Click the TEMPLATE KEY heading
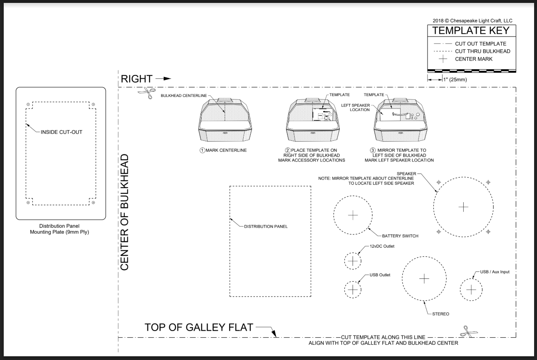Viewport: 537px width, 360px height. (x=471, y=31)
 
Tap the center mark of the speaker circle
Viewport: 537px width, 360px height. (x=463, y=207)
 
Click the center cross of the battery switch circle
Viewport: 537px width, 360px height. (x=353, y=215)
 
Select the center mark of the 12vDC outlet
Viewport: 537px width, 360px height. (x=353, y=261)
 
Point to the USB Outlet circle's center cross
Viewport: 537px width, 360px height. (x=353, y=290)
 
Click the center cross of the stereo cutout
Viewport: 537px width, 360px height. (x=424, y=279)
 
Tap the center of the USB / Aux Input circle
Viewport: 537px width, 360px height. (x=471, y=290)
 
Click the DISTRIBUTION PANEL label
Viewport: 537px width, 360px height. (x=266, y=227)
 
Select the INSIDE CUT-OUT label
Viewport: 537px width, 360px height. (x=61, y=132)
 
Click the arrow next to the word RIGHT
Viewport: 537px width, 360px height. (x=163, y=79)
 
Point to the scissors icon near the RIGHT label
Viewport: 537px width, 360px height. (x=147, y=92)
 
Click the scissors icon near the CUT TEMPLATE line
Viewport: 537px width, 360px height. (x=469, y=331)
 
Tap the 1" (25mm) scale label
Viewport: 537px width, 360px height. (x=455, y=80)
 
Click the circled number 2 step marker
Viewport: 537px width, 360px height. (x=288, y=150)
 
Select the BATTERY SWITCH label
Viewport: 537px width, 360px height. (x=400, y=236)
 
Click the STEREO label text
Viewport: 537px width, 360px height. (x=440, y=314)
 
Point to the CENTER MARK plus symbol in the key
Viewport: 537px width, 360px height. (x=443, y=59)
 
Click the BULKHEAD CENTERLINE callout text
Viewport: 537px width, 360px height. (x=184, y=96)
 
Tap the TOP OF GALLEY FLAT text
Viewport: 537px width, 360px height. (x=199, y=327)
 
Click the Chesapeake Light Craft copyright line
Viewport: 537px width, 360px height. (x=472, y=21)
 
